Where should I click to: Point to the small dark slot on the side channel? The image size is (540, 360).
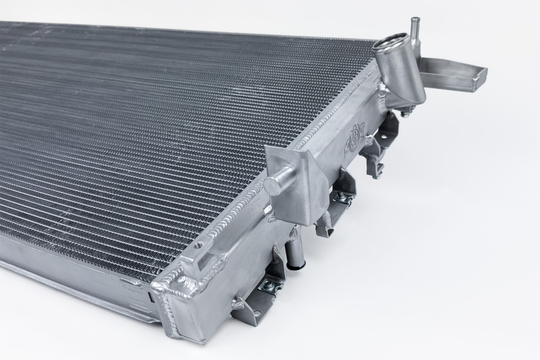click(x=148, y=295)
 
